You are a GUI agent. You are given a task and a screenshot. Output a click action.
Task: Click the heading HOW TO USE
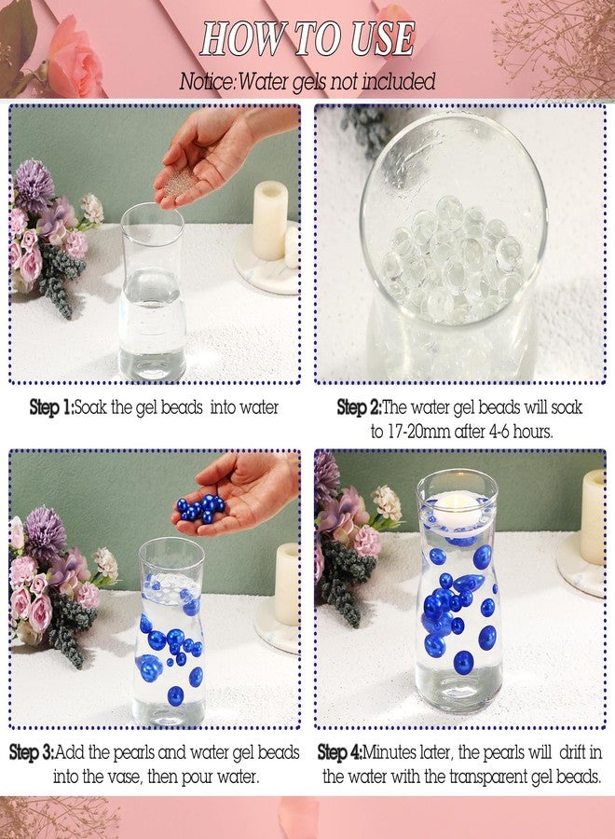point(307,39)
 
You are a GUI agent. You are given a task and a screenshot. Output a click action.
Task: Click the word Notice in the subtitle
point(206,82)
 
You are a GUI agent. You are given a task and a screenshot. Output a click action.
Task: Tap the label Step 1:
point(51,407)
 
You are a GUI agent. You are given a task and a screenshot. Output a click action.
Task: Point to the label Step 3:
point(32,752)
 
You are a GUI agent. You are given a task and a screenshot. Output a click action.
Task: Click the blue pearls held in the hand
point(200,508)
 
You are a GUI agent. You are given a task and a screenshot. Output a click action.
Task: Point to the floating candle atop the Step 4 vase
point(457,503)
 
